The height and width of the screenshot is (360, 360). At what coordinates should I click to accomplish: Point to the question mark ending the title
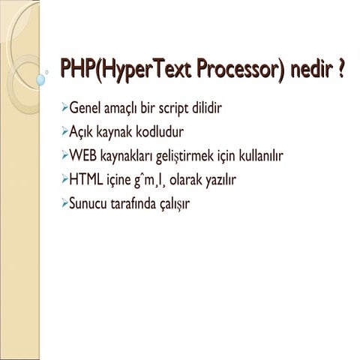[342, 73]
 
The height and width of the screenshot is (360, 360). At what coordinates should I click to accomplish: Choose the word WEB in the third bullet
[85, 156]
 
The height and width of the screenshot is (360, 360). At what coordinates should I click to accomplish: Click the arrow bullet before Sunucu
[64, 202]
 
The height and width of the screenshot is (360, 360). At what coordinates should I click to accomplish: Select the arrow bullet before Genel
[64, 109]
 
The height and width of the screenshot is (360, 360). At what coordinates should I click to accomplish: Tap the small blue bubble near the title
[42, 78]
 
